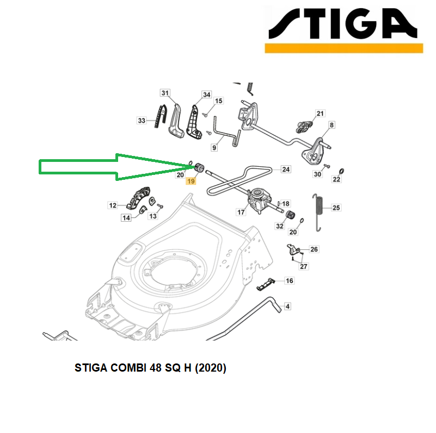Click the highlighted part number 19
click(191, 181)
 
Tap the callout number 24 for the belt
click(286, 170)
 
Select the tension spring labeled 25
click(318, 212)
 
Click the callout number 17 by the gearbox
click(241, 212)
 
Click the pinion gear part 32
click(290, 215)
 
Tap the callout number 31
click(165, 93)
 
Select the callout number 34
click(207, 95)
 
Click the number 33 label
click(142, 121)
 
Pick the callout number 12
click(113, 205)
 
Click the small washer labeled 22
click(342, 171)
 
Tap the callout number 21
click(320, 114)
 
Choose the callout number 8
click(331, 125)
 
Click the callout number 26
click(314, 249)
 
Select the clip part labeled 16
click(266, 285)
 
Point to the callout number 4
click(287, 306)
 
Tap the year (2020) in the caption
click(211, 368)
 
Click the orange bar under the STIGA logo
click(344, 48)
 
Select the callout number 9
click(214, 148)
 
